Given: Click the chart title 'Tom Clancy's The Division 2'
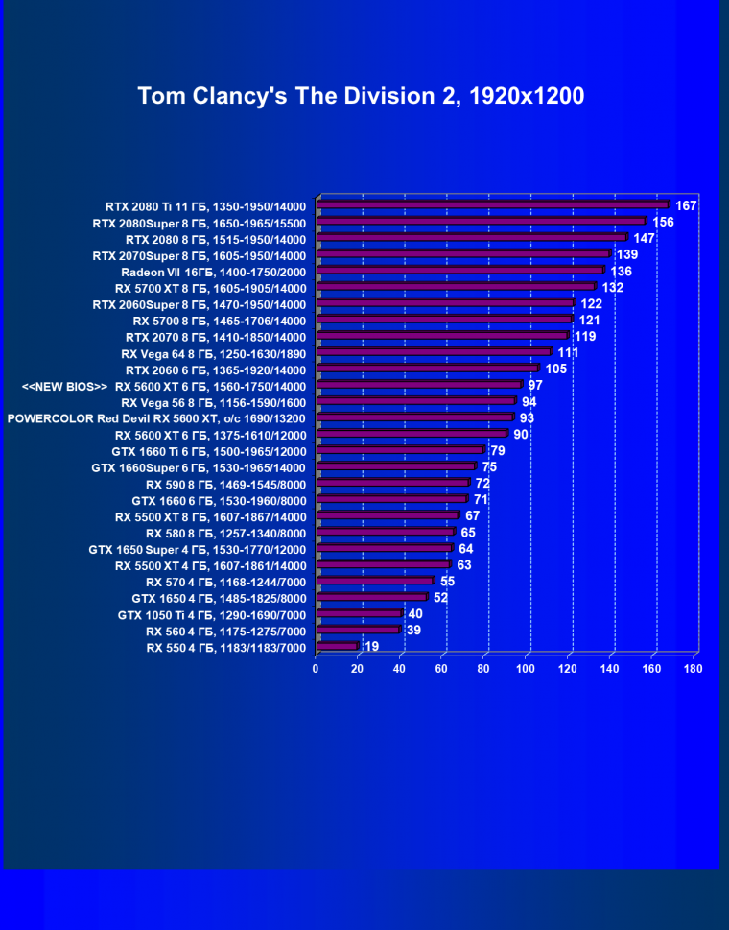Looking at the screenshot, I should [x=361, y=96].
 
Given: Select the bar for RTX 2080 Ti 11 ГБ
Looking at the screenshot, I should [x=492, y=204].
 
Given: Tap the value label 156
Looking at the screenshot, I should [x=663, y=222].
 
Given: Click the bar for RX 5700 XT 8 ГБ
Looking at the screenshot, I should [x=456, y=287].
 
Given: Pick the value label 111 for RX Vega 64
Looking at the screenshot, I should [x=568, y=352].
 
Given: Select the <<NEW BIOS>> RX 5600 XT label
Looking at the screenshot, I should [x=163, y=386].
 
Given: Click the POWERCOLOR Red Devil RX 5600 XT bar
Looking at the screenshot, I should [x=414, y=417].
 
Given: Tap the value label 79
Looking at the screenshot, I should [x=498, y=450].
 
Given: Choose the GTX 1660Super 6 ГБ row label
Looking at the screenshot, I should [x=199, y=467].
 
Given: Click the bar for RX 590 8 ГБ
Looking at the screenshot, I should [x=392, y=484].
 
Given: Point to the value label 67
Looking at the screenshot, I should [x=472, y=515].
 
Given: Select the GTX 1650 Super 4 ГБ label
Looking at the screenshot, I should [x=198, y=549].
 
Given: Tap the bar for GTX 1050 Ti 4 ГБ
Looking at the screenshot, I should [x=359, y=614].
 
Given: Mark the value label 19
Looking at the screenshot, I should [x=371, y=647].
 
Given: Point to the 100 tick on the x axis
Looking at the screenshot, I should [x=526, y=668].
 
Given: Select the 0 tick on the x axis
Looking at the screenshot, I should [x=316, y=668].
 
